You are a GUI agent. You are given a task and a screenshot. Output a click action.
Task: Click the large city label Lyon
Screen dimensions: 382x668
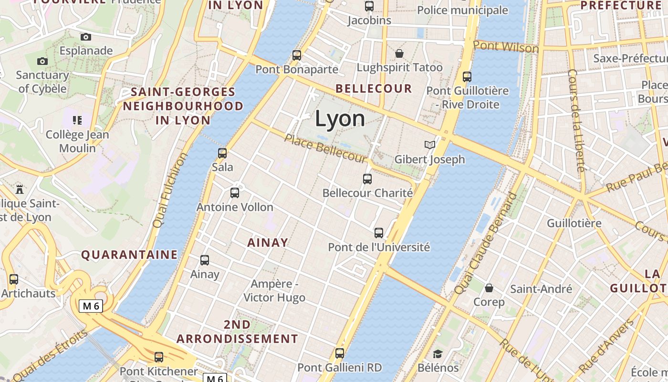tap(340, 118)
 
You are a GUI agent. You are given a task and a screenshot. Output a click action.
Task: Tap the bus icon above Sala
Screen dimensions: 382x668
tap(222, 153)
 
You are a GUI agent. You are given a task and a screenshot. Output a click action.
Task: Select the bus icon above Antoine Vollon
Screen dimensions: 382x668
tap(235, 193)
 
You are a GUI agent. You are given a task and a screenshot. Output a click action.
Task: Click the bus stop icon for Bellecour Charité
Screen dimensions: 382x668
tap(367, 179)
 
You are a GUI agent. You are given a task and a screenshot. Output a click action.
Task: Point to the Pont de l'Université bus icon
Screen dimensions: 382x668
tap(379, 233)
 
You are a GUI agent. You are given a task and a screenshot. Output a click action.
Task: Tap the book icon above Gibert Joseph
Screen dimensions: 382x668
tap(430, 145)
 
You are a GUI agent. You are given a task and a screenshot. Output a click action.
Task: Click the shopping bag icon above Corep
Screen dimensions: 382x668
tap(489, 288)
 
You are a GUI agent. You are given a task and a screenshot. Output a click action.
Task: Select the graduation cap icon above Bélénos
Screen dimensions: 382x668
tap(438, 354)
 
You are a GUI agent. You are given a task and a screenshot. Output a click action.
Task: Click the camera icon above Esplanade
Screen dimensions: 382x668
tap(86, 37)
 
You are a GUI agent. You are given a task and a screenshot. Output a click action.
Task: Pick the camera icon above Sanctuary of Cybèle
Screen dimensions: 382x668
tap(42, 61)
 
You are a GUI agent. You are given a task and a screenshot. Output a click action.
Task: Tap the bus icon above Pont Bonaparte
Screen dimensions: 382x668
tap(297, 55)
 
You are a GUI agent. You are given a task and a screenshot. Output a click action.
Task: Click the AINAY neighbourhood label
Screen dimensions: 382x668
tap(268, 243)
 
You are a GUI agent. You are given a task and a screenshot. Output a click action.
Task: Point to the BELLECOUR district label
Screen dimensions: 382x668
tap(374, 88)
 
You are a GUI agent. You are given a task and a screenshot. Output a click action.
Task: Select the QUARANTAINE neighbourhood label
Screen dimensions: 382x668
tap(129, 255)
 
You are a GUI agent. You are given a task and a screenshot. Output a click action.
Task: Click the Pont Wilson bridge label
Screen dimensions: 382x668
tap(506, 47)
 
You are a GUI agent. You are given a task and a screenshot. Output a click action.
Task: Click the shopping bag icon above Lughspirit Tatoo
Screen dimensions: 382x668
tap(399, 53)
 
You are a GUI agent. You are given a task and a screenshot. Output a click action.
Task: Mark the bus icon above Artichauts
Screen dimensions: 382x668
tap(14, 279)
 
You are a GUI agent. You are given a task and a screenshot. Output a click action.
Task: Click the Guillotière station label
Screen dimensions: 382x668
tap(574, 223)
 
